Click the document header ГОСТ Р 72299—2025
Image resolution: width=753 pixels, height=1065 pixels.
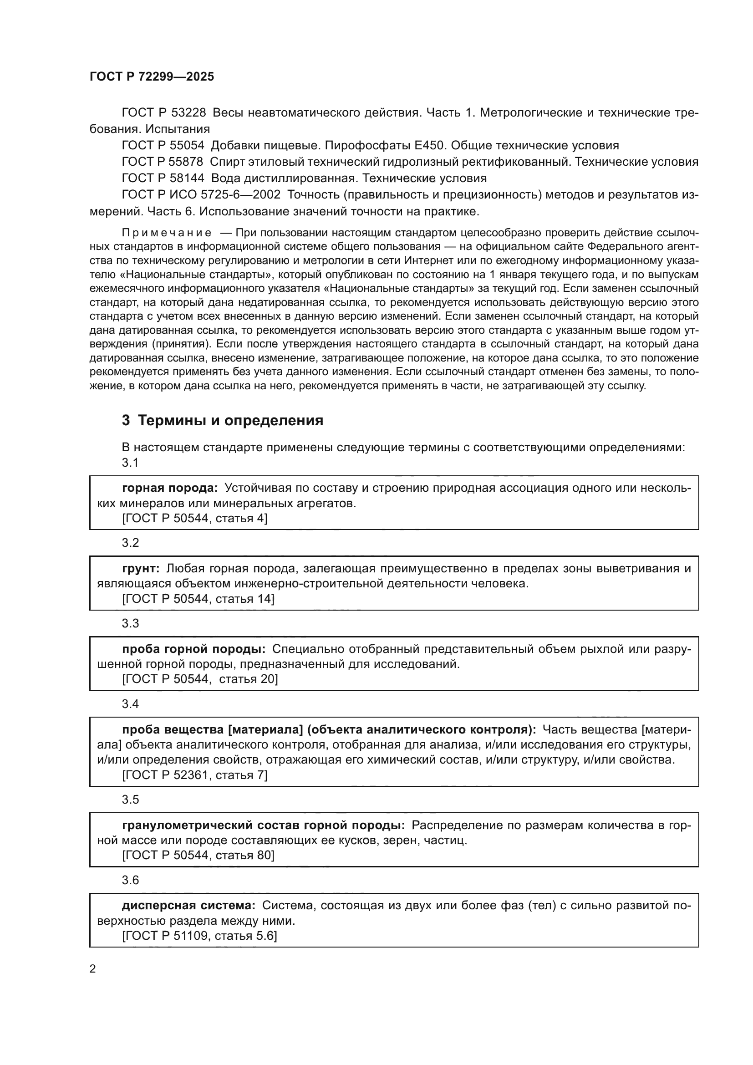click(152, 77)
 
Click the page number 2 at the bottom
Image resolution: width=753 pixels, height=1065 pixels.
click(93, 968)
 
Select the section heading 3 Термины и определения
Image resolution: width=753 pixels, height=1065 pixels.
click(223, 420)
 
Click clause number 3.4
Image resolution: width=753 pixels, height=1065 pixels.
click(130, 703)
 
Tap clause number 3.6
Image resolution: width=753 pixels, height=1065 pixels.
click(130, 880)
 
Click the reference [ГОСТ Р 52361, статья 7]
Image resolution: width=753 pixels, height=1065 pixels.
click(195, 775)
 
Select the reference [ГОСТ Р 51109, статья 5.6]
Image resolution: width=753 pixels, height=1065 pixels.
click(199, 936)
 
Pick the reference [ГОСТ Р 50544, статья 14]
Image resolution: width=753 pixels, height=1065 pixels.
click(198, 599)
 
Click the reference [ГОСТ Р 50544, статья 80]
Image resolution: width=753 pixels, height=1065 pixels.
click(198, 855)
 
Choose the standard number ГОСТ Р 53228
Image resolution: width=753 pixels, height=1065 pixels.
click(164, 113)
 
